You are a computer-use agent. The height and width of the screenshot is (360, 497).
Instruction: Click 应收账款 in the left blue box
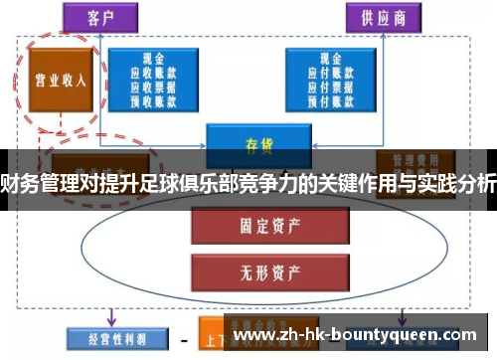coord(153,73)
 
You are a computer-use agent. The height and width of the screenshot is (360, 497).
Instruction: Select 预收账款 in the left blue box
coord(153,98)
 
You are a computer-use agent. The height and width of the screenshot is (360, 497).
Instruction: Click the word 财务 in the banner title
coord(20,184)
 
